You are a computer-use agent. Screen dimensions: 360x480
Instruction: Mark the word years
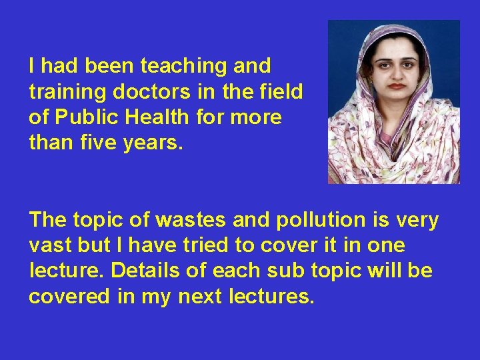pyautogui.click(x=157, y=143)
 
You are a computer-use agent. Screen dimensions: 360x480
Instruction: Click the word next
pyautogui.click(x=197, y=297)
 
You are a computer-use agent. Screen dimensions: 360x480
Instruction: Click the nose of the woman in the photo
pyautogui.click(x=396, y=72)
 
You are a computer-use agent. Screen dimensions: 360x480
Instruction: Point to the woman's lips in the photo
pyautogui.click(x=397, y=85)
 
